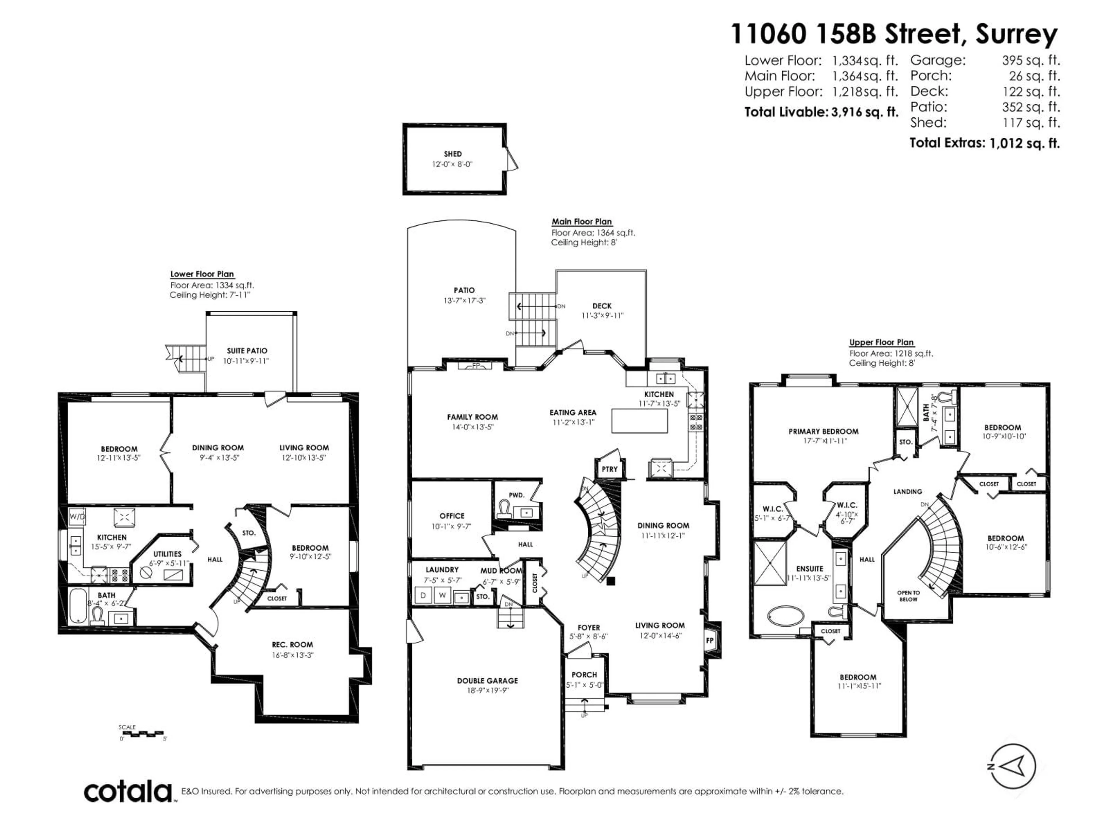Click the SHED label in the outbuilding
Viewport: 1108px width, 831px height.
coord(452,154)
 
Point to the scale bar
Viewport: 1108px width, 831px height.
coord(143,734)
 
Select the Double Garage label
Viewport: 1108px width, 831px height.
coord(487,680)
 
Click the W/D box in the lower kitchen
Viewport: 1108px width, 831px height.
coord(77,516)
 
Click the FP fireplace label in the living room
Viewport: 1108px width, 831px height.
coord(709,640)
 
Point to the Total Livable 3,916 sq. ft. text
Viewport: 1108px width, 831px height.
coord(821,112)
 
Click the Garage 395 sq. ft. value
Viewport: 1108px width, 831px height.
coord(1031,60)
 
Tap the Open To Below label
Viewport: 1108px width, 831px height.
coord(908,596)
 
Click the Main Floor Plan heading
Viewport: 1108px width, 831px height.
coord(581,221)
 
